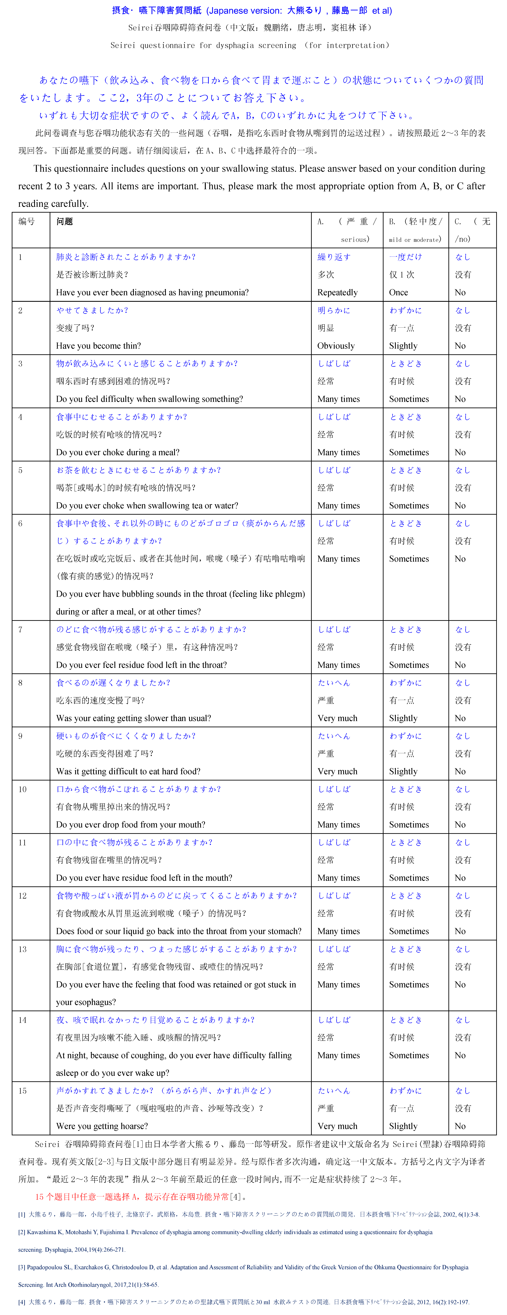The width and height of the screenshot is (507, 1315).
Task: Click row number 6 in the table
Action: pyautogui.click(x=20, y=523)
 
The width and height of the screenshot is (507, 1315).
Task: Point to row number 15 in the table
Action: pyautogui.click(x=22, y=1091)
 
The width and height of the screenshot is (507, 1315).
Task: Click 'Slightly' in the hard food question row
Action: pyautogui.click(x=403, y=771)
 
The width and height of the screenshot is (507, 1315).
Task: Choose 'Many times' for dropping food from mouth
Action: pyautogui.click(x=338, y=824)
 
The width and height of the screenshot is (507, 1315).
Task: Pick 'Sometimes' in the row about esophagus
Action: pyautogui.click(x=409, y=984)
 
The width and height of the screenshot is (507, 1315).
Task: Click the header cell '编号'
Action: pyautogui.click(x=27, y=221)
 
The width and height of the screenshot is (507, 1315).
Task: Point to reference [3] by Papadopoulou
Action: pyautogui.click(x=243, y=1267)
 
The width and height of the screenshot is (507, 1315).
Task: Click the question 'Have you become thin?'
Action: pyautogui.click(x=98, y=346)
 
